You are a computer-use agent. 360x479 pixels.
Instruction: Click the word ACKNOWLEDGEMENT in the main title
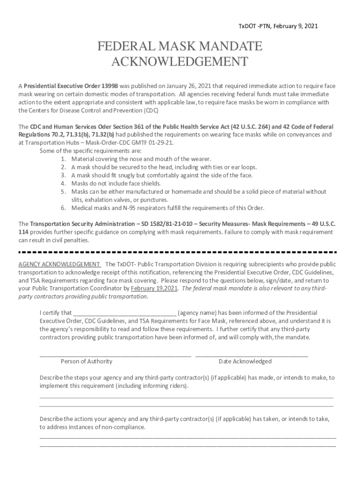coord(180,61)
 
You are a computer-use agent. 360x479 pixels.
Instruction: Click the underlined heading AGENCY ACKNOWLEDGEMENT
coord(59,264)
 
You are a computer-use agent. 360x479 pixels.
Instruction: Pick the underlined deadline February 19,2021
coord(154,288)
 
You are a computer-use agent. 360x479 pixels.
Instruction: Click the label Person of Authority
coord(86,361)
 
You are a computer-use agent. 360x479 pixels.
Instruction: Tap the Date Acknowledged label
coord(245,361)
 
